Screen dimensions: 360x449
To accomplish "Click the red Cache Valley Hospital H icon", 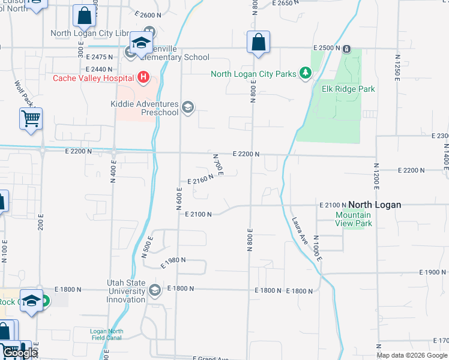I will pyautogui.click(x=143, y=77).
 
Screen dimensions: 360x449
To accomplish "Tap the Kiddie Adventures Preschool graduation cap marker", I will pyautogui.click(x=188, y=107).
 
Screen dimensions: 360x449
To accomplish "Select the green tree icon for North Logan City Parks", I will pyautogui.click(x=306, y=73).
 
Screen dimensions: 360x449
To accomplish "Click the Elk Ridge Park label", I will pyautogui.click(x=348, y=89).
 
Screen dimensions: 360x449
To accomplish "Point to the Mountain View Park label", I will pyautogui.click(x=354, y=219).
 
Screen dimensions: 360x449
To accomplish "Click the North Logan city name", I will pyautogui.click(x=375, y=205).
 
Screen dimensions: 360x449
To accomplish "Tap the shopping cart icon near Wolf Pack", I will pyautogui.click(x=31, y=118).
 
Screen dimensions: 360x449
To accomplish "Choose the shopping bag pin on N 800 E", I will pyautogui.click(x=258, y=43).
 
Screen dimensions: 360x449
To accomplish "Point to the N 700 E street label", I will pyautogui.click(x=218, y=165).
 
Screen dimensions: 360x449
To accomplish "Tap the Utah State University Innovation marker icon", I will pyautogui.click(x=155, y=291).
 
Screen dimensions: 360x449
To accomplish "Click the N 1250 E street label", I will pyautogui.click(x=397, y=67).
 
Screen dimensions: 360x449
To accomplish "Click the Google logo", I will pyautogui.click(x=19, y=353).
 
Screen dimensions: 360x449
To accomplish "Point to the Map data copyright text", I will pyautogui.click(x=412, y=355).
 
